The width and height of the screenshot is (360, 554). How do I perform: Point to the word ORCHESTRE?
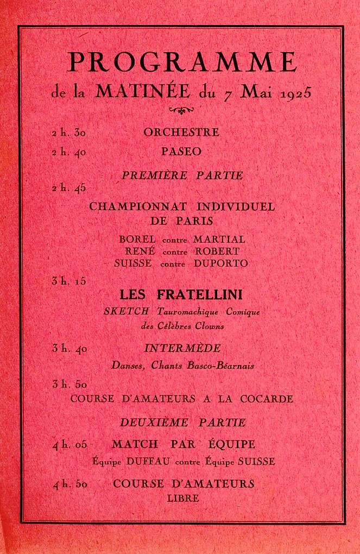point(181,133)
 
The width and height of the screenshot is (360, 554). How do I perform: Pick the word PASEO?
point(181,153)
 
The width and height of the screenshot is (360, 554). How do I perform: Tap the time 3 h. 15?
point(69,281)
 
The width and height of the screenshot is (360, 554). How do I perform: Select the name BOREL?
point(137,239)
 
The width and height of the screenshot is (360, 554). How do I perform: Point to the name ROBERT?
point(217,251)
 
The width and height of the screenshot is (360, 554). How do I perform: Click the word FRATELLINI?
point(199,295)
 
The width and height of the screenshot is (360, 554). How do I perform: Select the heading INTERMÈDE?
point(182,348)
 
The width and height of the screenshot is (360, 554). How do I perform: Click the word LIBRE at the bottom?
point(183,498)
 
